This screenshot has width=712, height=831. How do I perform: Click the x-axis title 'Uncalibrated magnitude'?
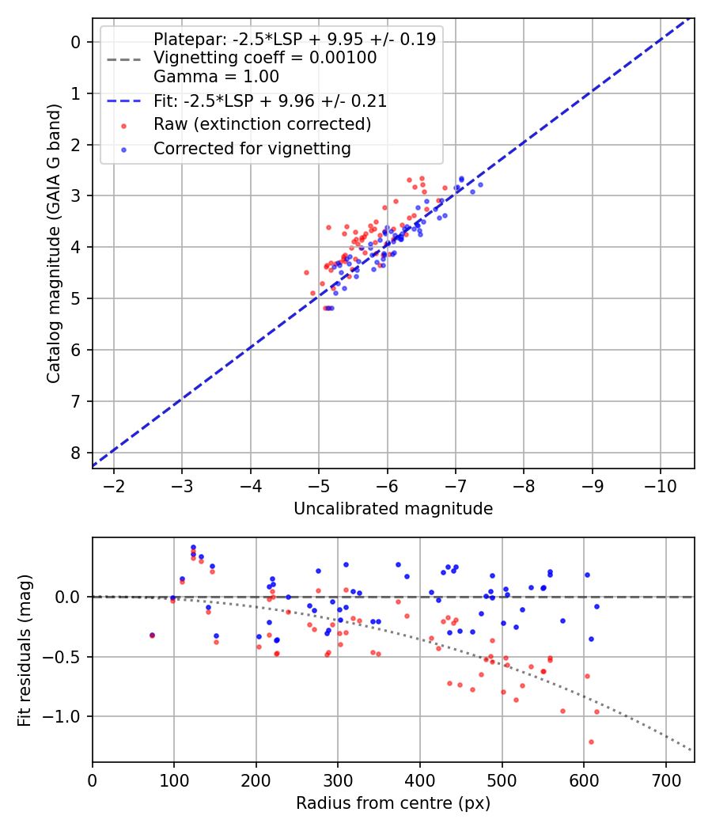(393, 509)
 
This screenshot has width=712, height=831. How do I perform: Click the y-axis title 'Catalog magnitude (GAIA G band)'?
(53, 242)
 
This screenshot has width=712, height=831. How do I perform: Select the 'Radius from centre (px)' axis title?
(393, 803)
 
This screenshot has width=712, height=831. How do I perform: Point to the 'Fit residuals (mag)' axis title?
(25, 650)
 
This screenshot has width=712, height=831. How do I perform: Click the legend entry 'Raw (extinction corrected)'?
(262, 124)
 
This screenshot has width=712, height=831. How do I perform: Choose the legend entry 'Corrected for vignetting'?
(252, 149)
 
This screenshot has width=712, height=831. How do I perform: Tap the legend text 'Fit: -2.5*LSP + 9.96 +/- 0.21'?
(270, 101)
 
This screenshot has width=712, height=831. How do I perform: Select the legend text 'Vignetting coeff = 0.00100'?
(265, 58)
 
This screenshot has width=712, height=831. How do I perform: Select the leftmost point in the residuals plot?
(152, 635)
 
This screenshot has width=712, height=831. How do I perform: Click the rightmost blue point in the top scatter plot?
(480, 184)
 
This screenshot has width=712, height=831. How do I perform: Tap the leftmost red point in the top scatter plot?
(306, 272)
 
